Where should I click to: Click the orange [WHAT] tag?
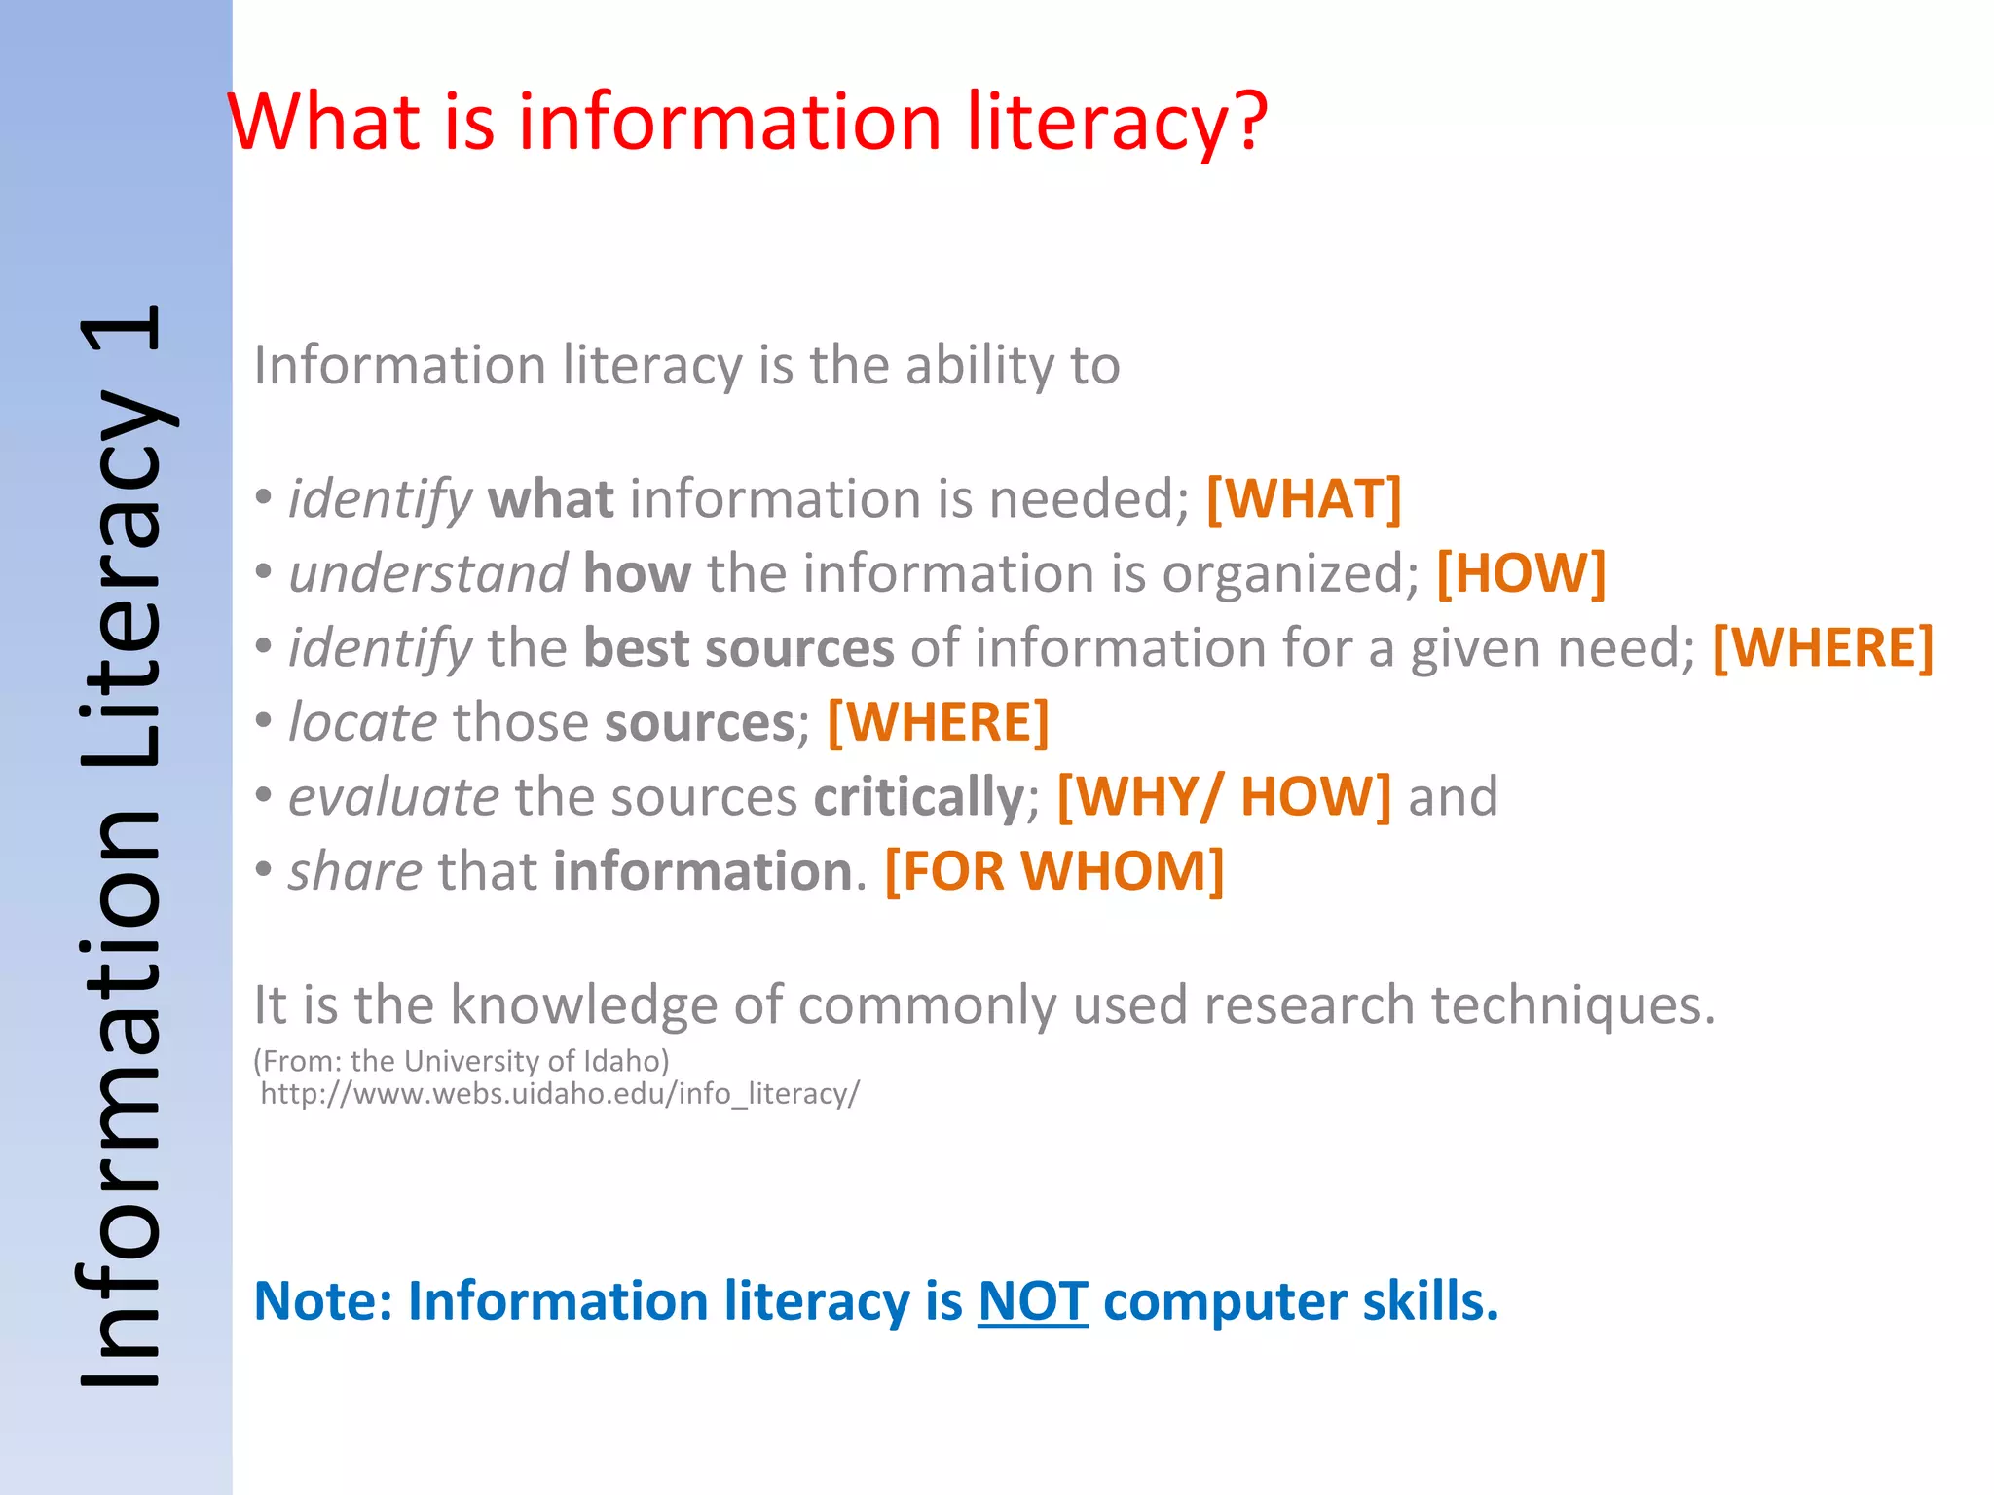coord(1304,499)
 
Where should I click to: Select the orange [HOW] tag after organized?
coord(1521,573)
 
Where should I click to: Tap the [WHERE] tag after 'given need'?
coord(1823,648)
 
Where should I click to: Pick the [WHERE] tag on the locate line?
coord(938,723)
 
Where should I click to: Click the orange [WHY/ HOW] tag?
coord(1224,797)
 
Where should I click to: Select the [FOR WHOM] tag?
coord(1054,871)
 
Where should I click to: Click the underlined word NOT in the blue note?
coord(1032,1301)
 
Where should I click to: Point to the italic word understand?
coord(428,573)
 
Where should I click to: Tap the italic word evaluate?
coord(394,797)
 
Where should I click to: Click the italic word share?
coord(355,871)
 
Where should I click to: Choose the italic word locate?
coord(363,723)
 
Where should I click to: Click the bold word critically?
coord(918,797)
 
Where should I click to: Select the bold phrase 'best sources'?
coord(738,648)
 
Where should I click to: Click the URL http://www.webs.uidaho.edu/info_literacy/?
coord(560,1094)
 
